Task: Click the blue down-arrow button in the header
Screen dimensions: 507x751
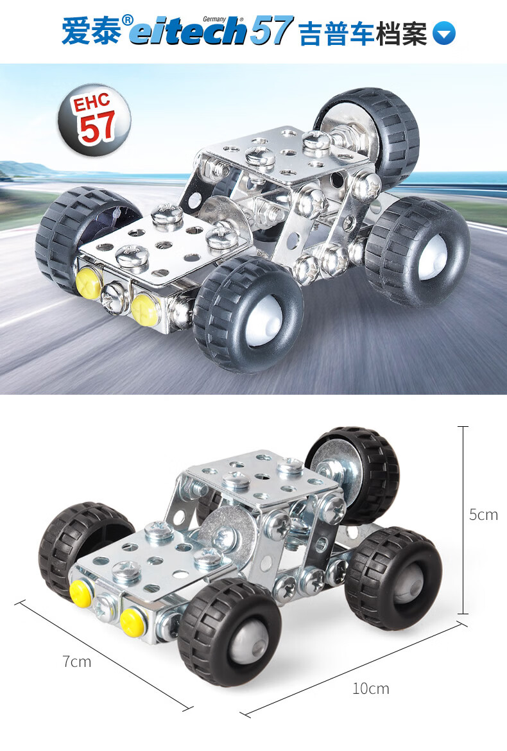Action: pyautogui.click(x=444, y=33)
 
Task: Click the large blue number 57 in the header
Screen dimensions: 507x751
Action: pyautogui.click(x=270, y=31)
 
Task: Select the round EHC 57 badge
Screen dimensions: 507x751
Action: pyautogui.click(x=94, y=120)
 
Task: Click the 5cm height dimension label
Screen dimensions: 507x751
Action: pyautogui.click(x=483, y=514)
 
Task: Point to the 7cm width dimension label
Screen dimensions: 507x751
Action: pyautogui.click(x=76, y=661)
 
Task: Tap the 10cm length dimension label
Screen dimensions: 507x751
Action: pyautogui.click(x=370, y=689)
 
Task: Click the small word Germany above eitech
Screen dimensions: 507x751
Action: pyautogui.click(x=214, y=19)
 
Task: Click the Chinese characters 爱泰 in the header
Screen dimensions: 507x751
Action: pyautogui.click(x=91, y=31)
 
